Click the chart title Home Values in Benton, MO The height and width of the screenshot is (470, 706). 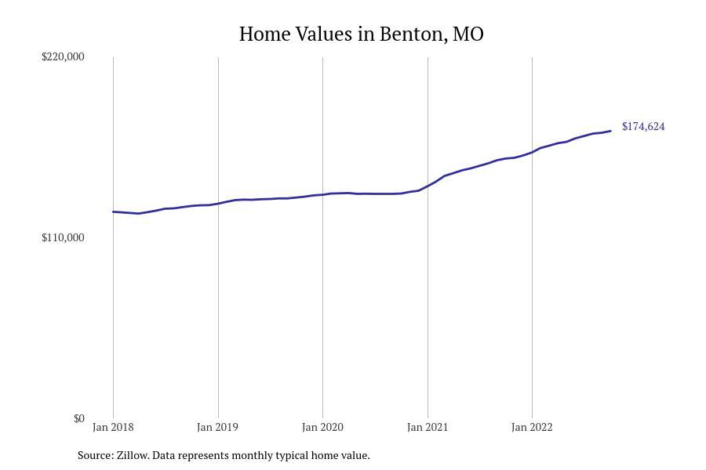[x=361, y=34]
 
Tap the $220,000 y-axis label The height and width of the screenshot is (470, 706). [x=63, y=56]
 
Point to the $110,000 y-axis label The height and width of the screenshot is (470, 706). [x=63, y=237]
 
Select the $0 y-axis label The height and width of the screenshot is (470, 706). [x=78, y=418]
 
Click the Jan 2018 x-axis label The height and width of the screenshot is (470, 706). [x=113, y=427]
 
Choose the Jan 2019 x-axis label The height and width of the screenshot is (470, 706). [x=218, y=427]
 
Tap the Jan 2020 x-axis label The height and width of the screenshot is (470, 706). [x=322, y=427]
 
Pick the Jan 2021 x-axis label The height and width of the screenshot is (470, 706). [x=428, y=427]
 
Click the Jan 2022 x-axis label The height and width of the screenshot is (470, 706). [x=532, y=427]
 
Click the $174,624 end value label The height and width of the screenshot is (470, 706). [x=643, y=126]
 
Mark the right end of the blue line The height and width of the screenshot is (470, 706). [x=610, y=131]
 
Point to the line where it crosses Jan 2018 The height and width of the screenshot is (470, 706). [x=113, y=211]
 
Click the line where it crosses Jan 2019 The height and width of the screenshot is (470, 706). [x=218, y=204]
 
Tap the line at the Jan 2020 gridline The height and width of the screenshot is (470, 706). [x=322, y=194]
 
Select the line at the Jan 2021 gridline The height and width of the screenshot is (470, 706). [x=428, y=186]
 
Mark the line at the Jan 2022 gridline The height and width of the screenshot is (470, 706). [x=532, y=151]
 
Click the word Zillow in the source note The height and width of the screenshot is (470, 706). [x=132, y=455]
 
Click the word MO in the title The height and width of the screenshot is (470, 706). [x=468, y=34]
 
